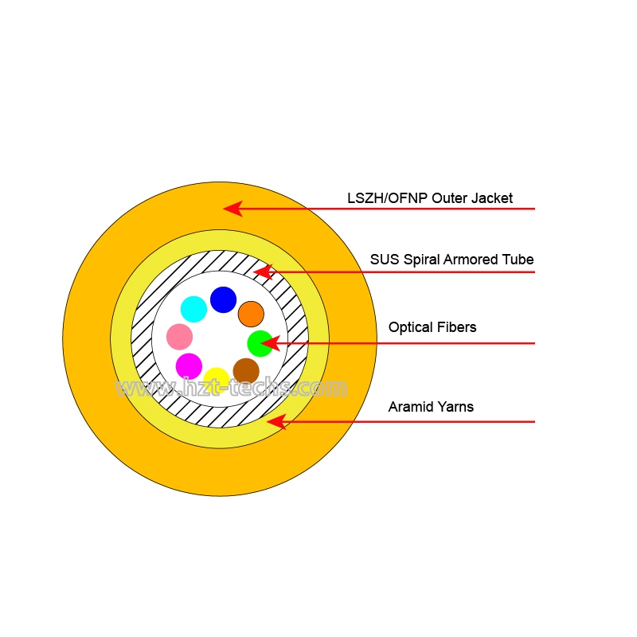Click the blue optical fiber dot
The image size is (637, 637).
pyautogui.click(x=223, y=300)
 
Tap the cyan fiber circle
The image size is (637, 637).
pyautogui.click(x=193, y=309)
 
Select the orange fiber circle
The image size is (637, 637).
pyautogui.click(x=251, y=314)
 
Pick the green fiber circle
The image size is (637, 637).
pyautogui.click(x=260, y=344)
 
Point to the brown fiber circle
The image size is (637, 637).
pyautogui.click(x=246, y=371)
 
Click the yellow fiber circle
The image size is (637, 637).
pyautogui.click(x=217, y=381)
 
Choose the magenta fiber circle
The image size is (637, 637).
pyautogui.click(x=189, y=366)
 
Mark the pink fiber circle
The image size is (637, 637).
pyautogui.click(x=180, y=337)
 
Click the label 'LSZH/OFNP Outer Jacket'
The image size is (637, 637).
pyautogui.click(x=430, y=198)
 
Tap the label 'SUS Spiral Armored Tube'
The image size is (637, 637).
pyautogui.click(x=451, y=260)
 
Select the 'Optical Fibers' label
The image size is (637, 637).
pyautogui.click(x=432, y=327)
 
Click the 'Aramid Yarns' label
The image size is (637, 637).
pyautogui.click(x=431, y=407)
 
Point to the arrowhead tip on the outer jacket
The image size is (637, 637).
pyautogui.click(x=223, y=209)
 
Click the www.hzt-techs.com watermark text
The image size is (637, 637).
pyautogui.click(x=231, y=387)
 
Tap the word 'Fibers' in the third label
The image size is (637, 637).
pyautogui.click(x=457, y=327)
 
